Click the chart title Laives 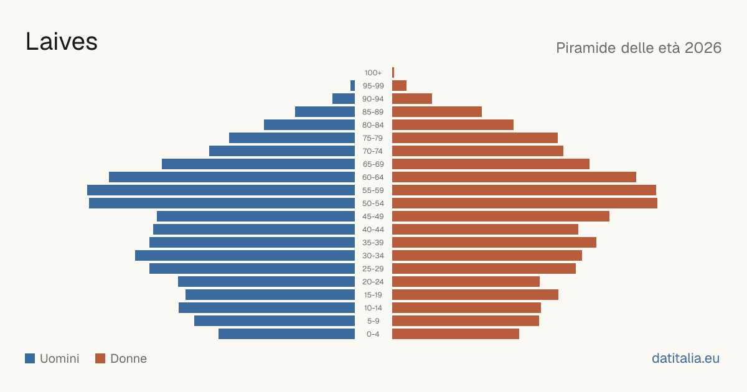tap(62, 42)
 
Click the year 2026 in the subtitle tap(703, 48)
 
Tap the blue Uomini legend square tap(30, 358)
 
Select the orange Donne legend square tap(100, 358)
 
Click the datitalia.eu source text tap(685, 358)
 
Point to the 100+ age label tap(373, 73)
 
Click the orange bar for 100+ tap(393, 72)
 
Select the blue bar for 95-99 tap(352, 86)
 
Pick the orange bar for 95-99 tap(399, 86)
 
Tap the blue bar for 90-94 tap(344, 99)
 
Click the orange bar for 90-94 tap(412, 99)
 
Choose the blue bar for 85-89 tap(325, 111)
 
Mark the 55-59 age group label tap(373, 190)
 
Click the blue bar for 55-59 tap(221, 190)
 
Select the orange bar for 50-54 tap(525, 203)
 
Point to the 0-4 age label tap(373, 334)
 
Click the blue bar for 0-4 tap(286, 334)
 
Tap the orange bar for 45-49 tap(500, 217)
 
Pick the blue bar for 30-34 tap(245, 256)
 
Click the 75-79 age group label tap(373, 138)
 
